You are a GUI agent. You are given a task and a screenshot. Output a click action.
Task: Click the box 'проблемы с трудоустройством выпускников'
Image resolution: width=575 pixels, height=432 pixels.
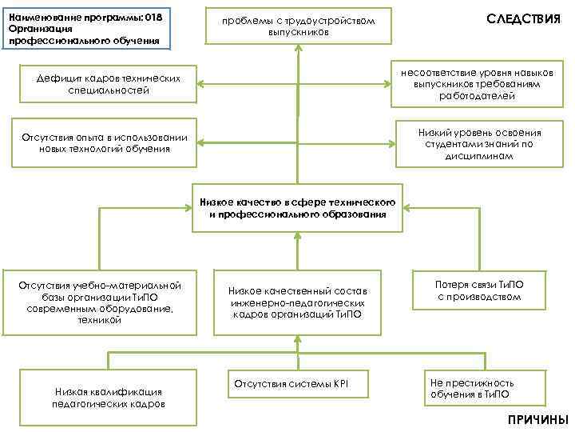click(299, 26)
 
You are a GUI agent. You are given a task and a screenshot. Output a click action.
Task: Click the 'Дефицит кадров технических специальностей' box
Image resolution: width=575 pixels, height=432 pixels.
click(109, 84)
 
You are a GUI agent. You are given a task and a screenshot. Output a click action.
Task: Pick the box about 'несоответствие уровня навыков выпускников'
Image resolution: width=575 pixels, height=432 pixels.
click(477, 83)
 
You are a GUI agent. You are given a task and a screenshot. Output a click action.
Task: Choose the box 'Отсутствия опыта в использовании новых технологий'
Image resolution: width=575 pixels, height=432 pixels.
click(108, 142)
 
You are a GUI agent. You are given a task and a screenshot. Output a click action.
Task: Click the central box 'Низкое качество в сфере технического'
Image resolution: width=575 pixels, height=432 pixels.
click(298, 208)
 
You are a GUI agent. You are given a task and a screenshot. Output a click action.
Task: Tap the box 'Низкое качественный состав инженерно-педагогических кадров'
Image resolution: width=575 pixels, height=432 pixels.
click(296, 302)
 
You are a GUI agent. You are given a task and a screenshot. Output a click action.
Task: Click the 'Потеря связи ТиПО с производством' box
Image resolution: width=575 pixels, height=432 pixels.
click(479, 290)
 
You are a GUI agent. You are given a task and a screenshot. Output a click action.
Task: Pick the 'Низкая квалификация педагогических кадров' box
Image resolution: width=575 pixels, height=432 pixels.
click(108, 397)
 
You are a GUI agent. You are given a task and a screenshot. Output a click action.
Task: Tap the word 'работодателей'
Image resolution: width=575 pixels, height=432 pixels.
click(477, 96)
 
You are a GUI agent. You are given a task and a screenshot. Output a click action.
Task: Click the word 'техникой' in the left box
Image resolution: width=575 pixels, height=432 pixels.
click(101, 320)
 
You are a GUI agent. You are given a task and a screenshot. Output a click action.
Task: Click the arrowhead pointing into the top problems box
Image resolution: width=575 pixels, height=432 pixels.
click(299, 47)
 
